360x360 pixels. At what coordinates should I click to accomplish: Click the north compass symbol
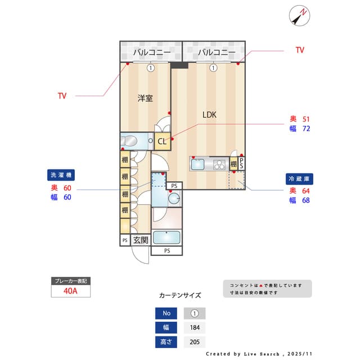(x=299, y=16)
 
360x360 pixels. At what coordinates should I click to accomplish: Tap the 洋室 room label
(x=145, y=98)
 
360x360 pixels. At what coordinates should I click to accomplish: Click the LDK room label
(x=210, y=115)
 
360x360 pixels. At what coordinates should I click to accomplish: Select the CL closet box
(x=162, y=141)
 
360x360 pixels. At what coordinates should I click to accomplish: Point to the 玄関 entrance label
(x=141, y=240)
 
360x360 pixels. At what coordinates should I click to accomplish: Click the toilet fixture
(x=130, y=140)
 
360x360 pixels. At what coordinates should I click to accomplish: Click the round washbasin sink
(x=174, y=198)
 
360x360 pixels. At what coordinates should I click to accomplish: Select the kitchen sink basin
(x=199, y=164)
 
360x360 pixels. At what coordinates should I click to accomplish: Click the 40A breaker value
(x=70, y=291)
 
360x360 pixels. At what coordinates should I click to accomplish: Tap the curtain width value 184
(x=195, y=327)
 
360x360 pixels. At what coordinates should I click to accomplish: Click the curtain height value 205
(x=195, y=341)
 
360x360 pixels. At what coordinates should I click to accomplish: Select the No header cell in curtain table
(x=166, y=313)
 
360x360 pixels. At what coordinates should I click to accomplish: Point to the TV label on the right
(x=300, y=50)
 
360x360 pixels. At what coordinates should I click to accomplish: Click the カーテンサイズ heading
(x=180, y=295)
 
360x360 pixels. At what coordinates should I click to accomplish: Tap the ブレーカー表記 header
(x=70, y=280)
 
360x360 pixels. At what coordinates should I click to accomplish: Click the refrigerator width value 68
(x=307, y=200)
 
